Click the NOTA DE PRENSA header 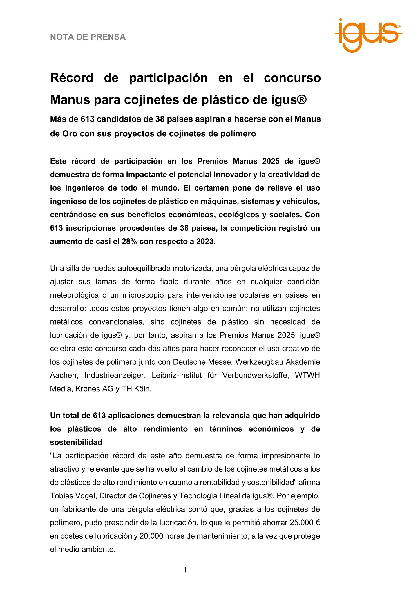[x=88, y=37]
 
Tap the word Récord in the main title [x=72, y=78]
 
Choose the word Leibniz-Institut [x=177, y=375]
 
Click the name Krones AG [x=94, y=389]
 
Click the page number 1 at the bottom [x=185, y=570]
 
